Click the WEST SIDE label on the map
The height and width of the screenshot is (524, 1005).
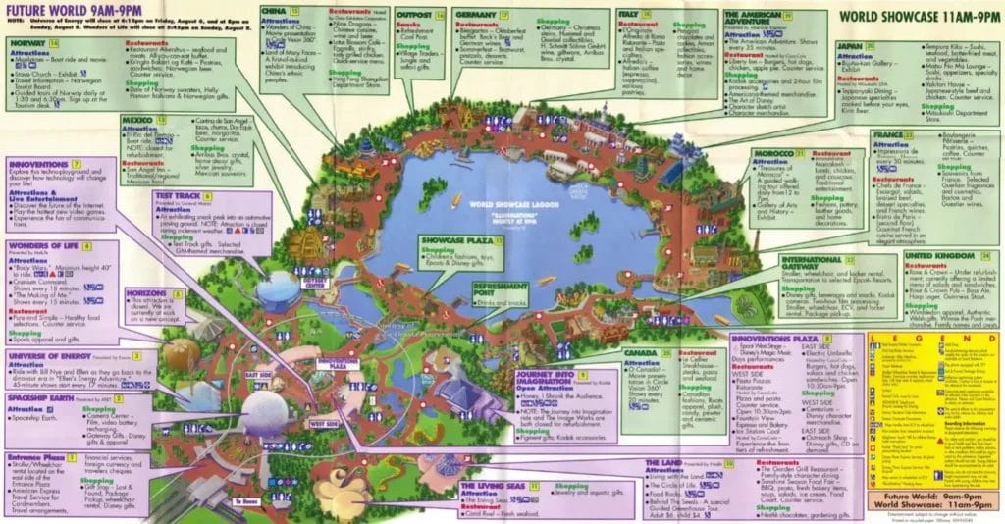pos(319,423)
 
